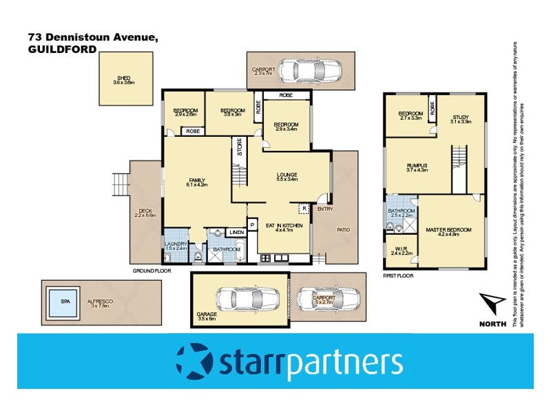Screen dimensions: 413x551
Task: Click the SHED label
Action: [124, 78]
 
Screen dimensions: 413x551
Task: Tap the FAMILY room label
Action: [196, 180]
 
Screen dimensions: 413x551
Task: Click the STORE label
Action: [240, 150]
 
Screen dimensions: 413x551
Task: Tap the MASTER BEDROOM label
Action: [448, 229]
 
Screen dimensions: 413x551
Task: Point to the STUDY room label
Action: [460, 118]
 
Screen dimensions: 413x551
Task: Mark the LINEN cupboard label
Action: [236, 232]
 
